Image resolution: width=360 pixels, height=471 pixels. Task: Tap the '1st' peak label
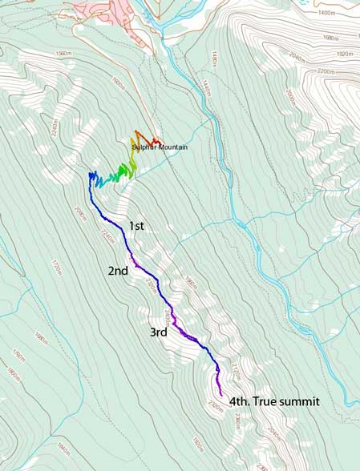pyautogui.click(x=136, y=227)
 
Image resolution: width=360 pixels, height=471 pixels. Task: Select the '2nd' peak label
pyautogui.click(x=118, y=272)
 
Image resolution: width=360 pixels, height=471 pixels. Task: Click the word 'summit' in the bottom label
pyautogui.click(x=304, y=402)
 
